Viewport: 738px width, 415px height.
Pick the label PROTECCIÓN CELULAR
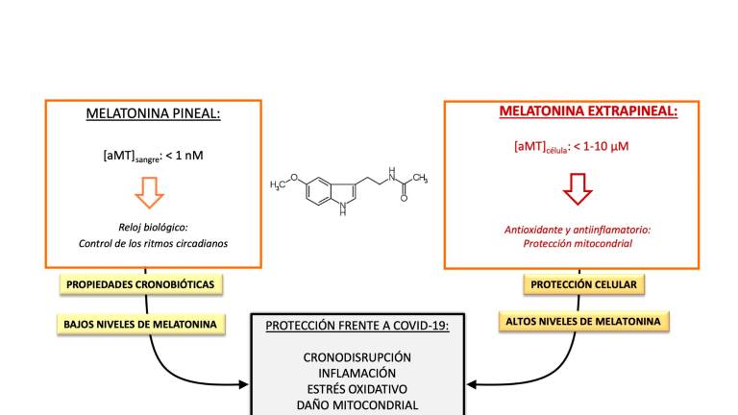point(584,284)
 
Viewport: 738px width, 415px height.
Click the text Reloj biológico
point(155,227)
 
